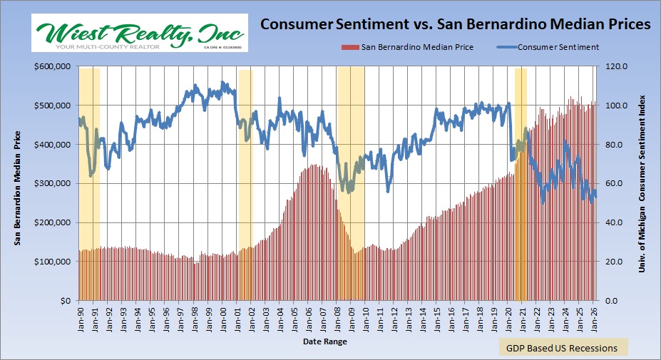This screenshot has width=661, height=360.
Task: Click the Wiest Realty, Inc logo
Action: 139,33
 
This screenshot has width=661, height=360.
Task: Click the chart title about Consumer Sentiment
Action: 455,24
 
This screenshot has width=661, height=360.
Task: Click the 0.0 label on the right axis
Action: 615,301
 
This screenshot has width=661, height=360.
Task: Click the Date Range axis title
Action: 326,342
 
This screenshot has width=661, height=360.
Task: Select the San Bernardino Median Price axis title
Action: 18,185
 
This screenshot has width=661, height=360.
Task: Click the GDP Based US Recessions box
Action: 563,348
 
